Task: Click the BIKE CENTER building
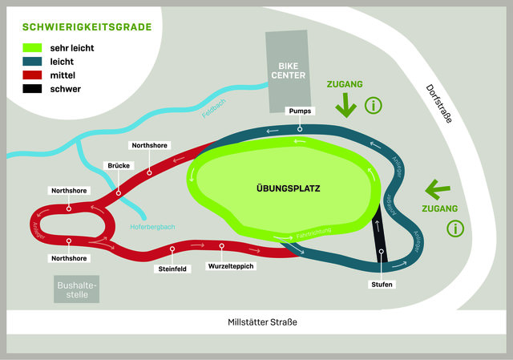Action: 287,71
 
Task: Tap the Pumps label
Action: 300,110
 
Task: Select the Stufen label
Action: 382,285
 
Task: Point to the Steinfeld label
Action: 172,269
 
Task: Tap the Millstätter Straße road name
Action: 257,322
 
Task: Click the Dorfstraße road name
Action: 439,103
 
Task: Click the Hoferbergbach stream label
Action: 151,227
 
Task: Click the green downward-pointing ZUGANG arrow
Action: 345,105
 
